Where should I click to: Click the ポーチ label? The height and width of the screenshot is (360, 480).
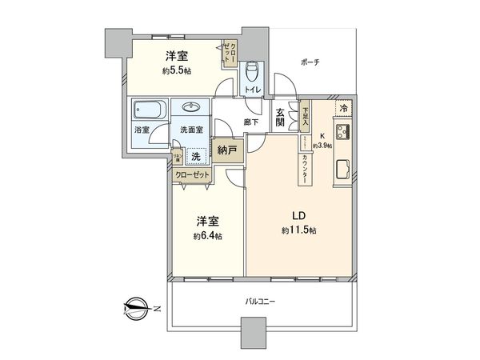coord(310,62)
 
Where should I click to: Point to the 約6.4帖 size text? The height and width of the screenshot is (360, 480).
coord(206,237)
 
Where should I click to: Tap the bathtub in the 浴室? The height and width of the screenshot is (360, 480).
coord(148,110)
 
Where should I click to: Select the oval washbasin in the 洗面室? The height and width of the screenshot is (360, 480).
coord(192,109)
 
